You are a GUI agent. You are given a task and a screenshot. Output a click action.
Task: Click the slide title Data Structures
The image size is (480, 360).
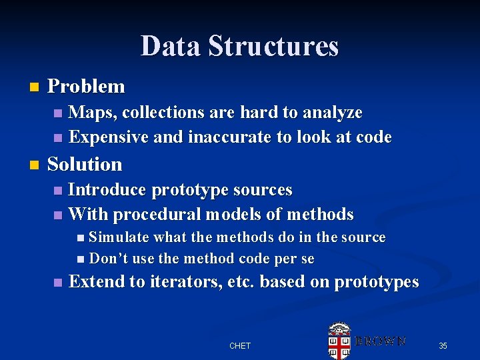240,47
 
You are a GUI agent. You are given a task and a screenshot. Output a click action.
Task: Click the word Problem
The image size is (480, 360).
86,87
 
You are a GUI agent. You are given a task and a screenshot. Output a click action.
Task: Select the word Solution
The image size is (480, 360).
85,164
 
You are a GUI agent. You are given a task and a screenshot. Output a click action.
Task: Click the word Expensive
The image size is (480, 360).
109,137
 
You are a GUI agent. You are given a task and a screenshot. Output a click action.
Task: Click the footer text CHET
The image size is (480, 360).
240,345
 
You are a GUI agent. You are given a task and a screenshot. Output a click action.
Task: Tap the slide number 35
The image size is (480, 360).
443,345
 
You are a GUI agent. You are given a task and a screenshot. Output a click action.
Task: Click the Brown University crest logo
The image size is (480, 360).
339,340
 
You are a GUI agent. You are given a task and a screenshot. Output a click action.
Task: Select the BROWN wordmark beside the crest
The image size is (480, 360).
379,341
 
